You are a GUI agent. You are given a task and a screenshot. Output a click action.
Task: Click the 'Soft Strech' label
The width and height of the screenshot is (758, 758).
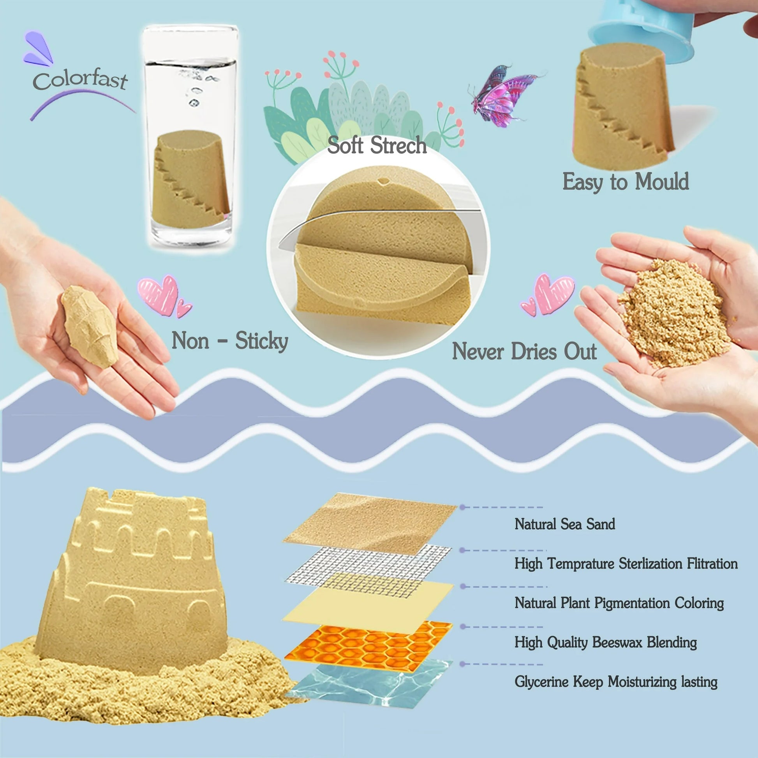(x=377, y=145)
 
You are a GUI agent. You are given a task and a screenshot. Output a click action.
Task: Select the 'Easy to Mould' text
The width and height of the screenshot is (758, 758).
(x=626, y=182)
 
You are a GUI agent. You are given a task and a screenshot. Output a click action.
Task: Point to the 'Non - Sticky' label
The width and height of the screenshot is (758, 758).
(x=230, y=340)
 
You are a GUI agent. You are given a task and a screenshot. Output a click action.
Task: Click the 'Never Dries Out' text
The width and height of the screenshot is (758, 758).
(x=525, y=351)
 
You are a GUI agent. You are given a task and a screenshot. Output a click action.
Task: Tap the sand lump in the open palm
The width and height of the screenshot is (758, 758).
(x=90, y=326)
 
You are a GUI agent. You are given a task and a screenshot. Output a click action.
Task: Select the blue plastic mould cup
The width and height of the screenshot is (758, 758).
(x=643, y=30)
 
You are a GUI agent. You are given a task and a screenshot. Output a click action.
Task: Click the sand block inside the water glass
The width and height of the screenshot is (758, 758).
(x=191, y=179)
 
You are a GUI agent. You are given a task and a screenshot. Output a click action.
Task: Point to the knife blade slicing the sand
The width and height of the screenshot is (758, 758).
(x=377, y=224)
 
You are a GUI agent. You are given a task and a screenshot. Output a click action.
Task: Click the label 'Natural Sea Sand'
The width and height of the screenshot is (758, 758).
(x=564, y=524)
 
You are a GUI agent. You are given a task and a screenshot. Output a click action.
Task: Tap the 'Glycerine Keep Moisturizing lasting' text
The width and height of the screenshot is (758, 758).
(x=616, y=682)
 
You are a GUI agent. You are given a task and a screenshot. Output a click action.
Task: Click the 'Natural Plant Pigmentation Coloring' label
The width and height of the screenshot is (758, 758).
(x=619, y=603)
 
